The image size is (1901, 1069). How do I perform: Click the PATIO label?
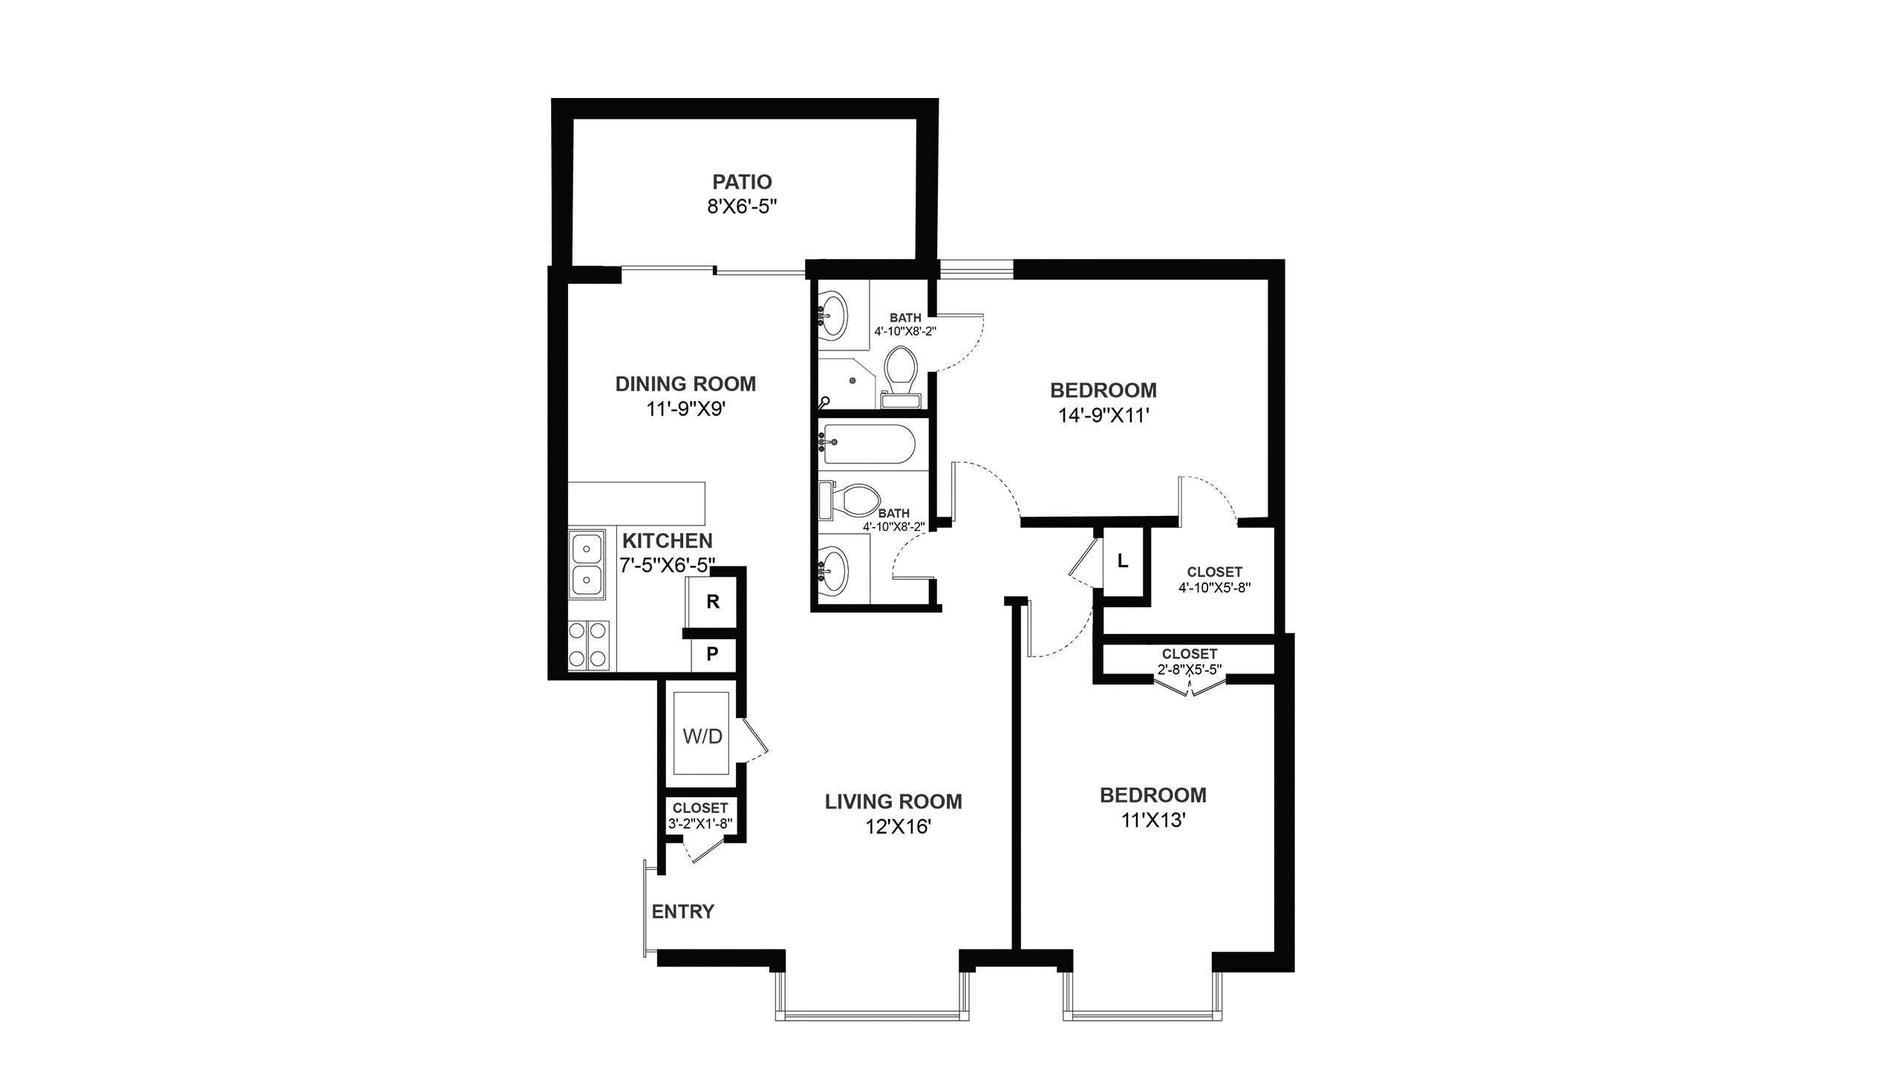(x=742, y=182)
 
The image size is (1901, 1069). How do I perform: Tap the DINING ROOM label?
(x=685, y=384)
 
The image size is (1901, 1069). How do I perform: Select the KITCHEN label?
(x=668, y=540)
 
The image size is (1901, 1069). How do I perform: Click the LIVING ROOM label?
(x=893, y=802)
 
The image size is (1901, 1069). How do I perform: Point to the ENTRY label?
(x=683, y=912)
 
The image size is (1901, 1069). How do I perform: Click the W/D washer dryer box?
(x=702, y=733)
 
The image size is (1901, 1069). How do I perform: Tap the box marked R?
(x=713, y=602)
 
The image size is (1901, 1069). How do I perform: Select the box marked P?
(x=713, y=655)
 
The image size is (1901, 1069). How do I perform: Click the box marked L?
(x=1124, y=562)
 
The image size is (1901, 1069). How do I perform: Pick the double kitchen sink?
(x=587, y=564)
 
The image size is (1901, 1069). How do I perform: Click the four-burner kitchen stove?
(x=588, y=644)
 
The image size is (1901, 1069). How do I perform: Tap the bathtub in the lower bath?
(x=868, y=444)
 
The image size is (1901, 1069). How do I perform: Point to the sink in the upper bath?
(x=834, y=317)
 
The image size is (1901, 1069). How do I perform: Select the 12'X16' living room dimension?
(x=898, y=827)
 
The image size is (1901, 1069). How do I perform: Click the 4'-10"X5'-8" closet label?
(x=1215, y=587)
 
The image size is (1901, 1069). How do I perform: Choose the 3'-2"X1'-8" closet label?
(x=700, y=823)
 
